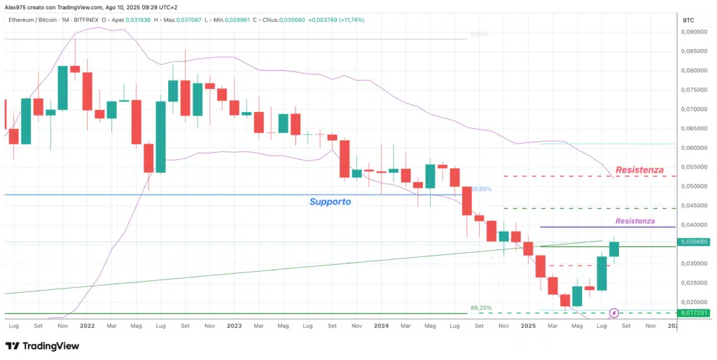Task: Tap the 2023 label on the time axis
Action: coord(235,326)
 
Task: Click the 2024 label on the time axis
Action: coord(381,326)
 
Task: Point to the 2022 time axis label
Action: coord(88,326)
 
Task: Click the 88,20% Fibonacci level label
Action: coord(480,307)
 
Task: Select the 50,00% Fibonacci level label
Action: coord(480,189)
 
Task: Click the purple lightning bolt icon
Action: coord(614,313)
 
